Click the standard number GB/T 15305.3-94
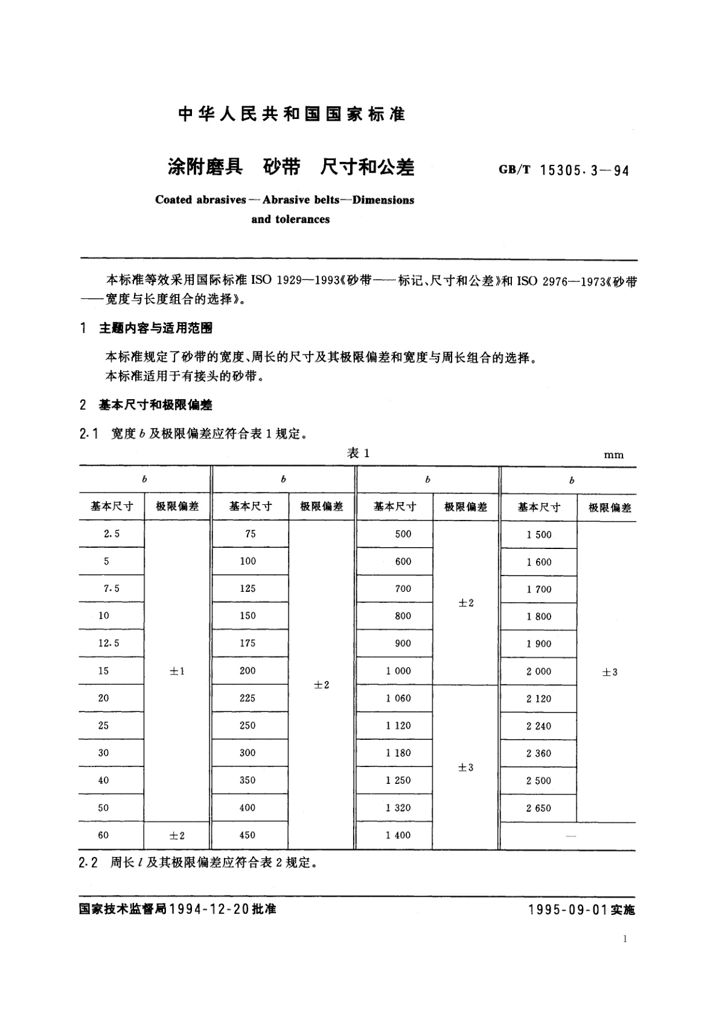click(x=564, y=171)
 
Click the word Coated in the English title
click(x=173, y=200)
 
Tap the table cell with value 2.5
click(x=112, y=534)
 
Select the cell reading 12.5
click(x=109, y=643)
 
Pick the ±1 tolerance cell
click(x=177, y=672)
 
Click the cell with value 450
click(x=248, y=835)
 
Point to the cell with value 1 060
click(x=398, y=698)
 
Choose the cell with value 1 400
click(x=398, y=835)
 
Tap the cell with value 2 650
click(x=538, y=808)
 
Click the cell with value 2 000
click(x=538, y=672)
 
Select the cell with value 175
click(x=248, y=643)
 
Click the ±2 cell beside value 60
click(x=177, y=836)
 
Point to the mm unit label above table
click(x=613, y=455)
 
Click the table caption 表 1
click(x=358, y=454)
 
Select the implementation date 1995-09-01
click(x=567, y=910)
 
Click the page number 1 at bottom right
click(x=625, y=938)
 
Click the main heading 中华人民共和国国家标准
click(x=292, y=114)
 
